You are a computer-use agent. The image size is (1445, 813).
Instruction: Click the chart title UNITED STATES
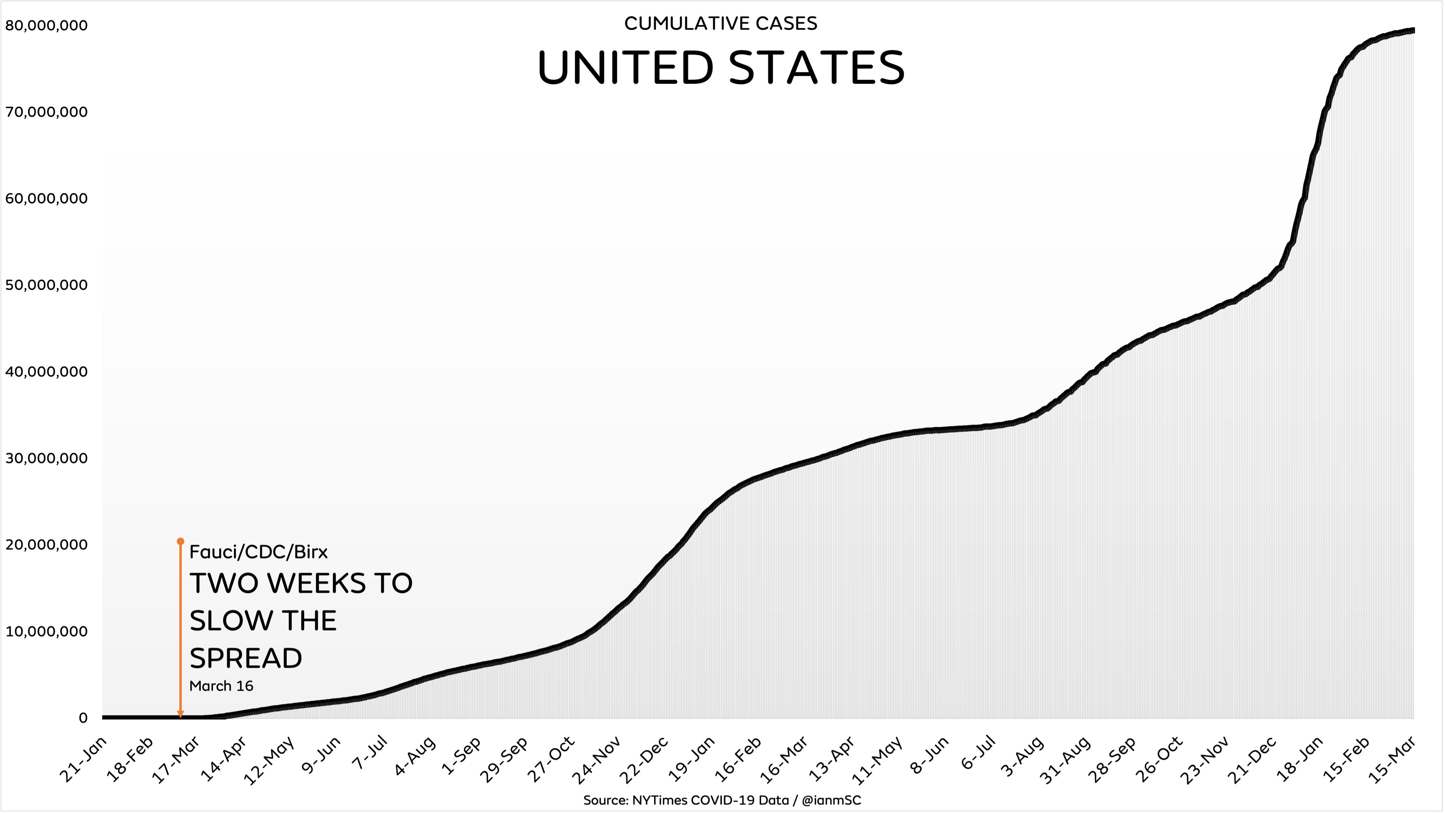pos(721,68)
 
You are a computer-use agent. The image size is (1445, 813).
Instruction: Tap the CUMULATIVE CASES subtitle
pos(721,24)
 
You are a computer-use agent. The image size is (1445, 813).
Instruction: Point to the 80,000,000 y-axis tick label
pos(47,26)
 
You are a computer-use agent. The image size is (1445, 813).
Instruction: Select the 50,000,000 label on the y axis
pos(47,285)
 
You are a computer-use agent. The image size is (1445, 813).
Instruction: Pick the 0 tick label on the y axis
pos(83,718)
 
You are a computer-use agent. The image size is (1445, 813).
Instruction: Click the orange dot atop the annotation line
pos(181,542)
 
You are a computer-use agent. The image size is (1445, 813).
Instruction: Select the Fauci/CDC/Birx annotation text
pos(259,552)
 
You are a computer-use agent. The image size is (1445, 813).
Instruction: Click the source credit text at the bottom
pos(722,800)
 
